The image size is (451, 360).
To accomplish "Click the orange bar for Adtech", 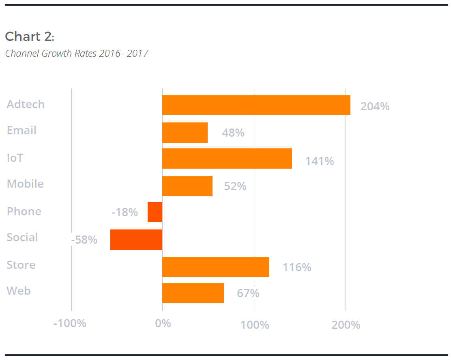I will (x=256, y=105).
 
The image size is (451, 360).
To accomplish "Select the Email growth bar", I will (x=185, y=133).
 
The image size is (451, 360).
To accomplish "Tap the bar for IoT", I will (x=227, y=159).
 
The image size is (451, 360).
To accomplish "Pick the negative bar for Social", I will (x=136, y=240).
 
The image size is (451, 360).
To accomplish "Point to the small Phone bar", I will (x=155, y=212).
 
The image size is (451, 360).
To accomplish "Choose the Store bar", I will (x=216, y=267).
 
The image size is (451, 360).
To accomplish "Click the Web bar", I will (x=193, y=293).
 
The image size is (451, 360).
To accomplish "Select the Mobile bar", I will (x=187, y=186).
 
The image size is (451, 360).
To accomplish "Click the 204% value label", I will (x=375, y=106).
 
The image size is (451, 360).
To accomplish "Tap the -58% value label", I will (x=84, y=240).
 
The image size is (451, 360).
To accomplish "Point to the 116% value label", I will (x=297, y=268).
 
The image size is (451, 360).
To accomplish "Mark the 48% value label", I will (x=233, y=133).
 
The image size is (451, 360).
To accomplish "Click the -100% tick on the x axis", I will (x=70, y=324).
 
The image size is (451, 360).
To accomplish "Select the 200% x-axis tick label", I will (x=346, y=325).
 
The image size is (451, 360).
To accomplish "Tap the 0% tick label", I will (x=163, y=324).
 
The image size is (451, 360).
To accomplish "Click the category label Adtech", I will (x=26, y=105).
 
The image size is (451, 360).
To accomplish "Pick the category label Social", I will (x=22, y=237).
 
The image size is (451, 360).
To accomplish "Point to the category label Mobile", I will (x=25, y=184).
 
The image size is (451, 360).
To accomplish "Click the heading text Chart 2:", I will (x=30, y=36).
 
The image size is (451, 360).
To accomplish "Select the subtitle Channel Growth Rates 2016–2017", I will (x=77, y=53).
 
